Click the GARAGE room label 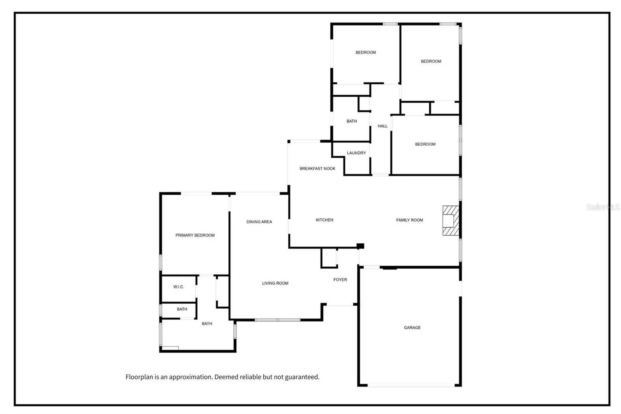click(x=412, y=328)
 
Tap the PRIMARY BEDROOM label click(x=195, y=235)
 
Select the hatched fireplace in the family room click(x=451, y=221)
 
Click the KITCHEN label click(x=324, y=220)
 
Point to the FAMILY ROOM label click(x=409, y=220)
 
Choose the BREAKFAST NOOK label click(x=317, y=169)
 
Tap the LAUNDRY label click(x=356, y=153)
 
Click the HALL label click(x=383, y=126)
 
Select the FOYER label click(x=340, y=280)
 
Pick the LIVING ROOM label click(x=275, y=283)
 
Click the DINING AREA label click(x=259, y=222)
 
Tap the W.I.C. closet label click(x=179, y=287)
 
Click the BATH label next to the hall click(x=352, y=121)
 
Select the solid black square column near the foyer click(x=360, y=246)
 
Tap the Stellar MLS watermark click(x=603, y=207)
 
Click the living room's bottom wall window click(x=277, y=320)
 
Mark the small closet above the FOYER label click(x=329, y=258)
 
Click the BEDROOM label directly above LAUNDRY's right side click(x=366, y=52)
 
